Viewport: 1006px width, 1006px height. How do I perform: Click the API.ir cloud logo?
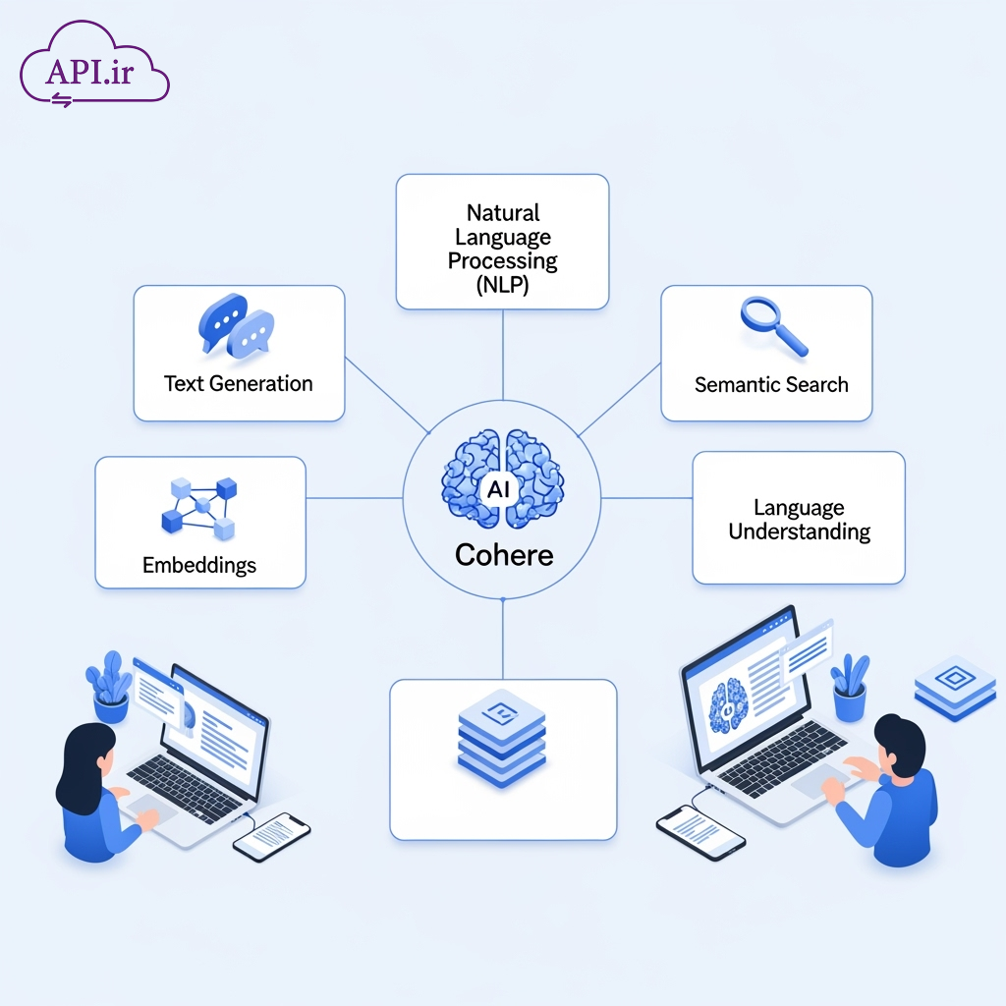(94, 68)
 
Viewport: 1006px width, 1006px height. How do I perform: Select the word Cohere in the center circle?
(504, 555)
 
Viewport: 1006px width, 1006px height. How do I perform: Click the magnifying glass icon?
(771, 325)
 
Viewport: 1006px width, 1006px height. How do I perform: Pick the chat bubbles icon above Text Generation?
(237, 324)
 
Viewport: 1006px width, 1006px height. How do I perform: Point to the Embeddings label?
(199, 565)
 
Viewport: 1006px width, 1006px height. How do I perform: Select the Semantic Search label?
(771, 385)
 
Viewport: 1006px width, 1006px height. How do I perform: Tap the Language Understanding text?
(799, 521)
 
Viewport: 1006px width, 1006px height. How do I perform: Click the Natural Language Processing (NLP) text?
(502, 250)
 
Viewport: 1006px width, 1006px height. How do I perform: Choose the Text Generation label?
(239, 384)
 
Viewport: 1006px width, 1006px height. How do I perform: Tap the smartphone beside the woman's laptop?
(272, 836)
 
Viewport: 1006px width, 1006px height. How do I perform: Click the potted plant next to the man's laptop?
(850, 687)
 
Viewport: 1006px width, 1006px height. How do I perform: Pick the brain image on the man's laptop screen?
(729, 701)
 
